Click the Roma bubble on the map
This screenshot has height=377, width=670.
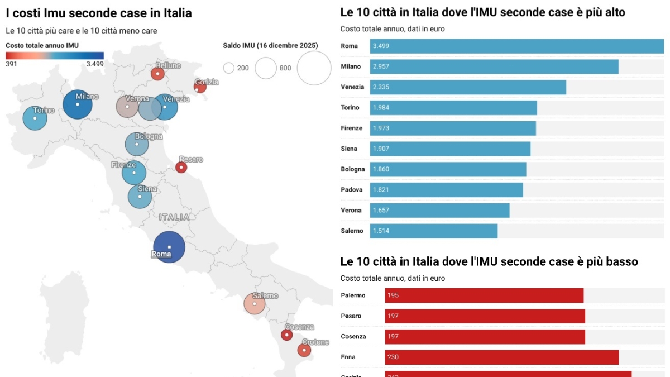coord(169,246)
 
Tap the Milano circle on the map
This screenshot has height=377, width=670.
coord(78,104)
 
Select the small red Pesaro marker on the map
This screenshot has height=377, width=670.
coord(181,167)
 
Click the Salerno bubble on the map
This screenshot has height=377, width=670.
coord(255,304)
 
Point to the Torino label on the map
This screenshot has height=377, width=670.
coord(44,110)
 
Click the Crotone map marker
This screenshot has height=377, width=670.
coord(304,350)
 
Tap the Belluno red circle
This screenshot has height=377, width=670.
coord(158,74)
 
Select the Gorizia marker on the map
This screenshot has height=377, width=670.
coord(200,87)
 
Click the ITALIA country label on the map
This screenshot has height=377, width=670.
coord(174,217)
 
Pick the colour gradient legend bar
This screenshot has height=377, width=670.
coord(55,55)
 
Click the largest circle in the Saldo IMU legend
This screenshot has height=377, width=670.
coord(314,68)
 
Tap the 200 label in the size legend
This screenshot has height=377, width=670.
coord(243,68)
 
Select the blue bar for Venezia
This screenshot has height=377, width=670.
coord(468,87)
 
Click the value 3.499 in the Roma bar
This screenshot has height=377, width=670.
coord(381,46)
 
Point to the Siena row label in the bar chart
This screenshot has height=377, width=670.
coord(349,149)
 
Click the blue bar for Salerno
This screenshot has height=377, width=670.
coord(433,231)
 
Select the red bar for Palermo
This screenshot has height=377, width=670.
coord(484,295)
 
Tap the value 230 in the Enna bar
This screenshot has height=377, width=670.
coord(393,357)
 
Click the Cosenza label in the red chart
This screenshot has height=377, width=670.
coord(353,336)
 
